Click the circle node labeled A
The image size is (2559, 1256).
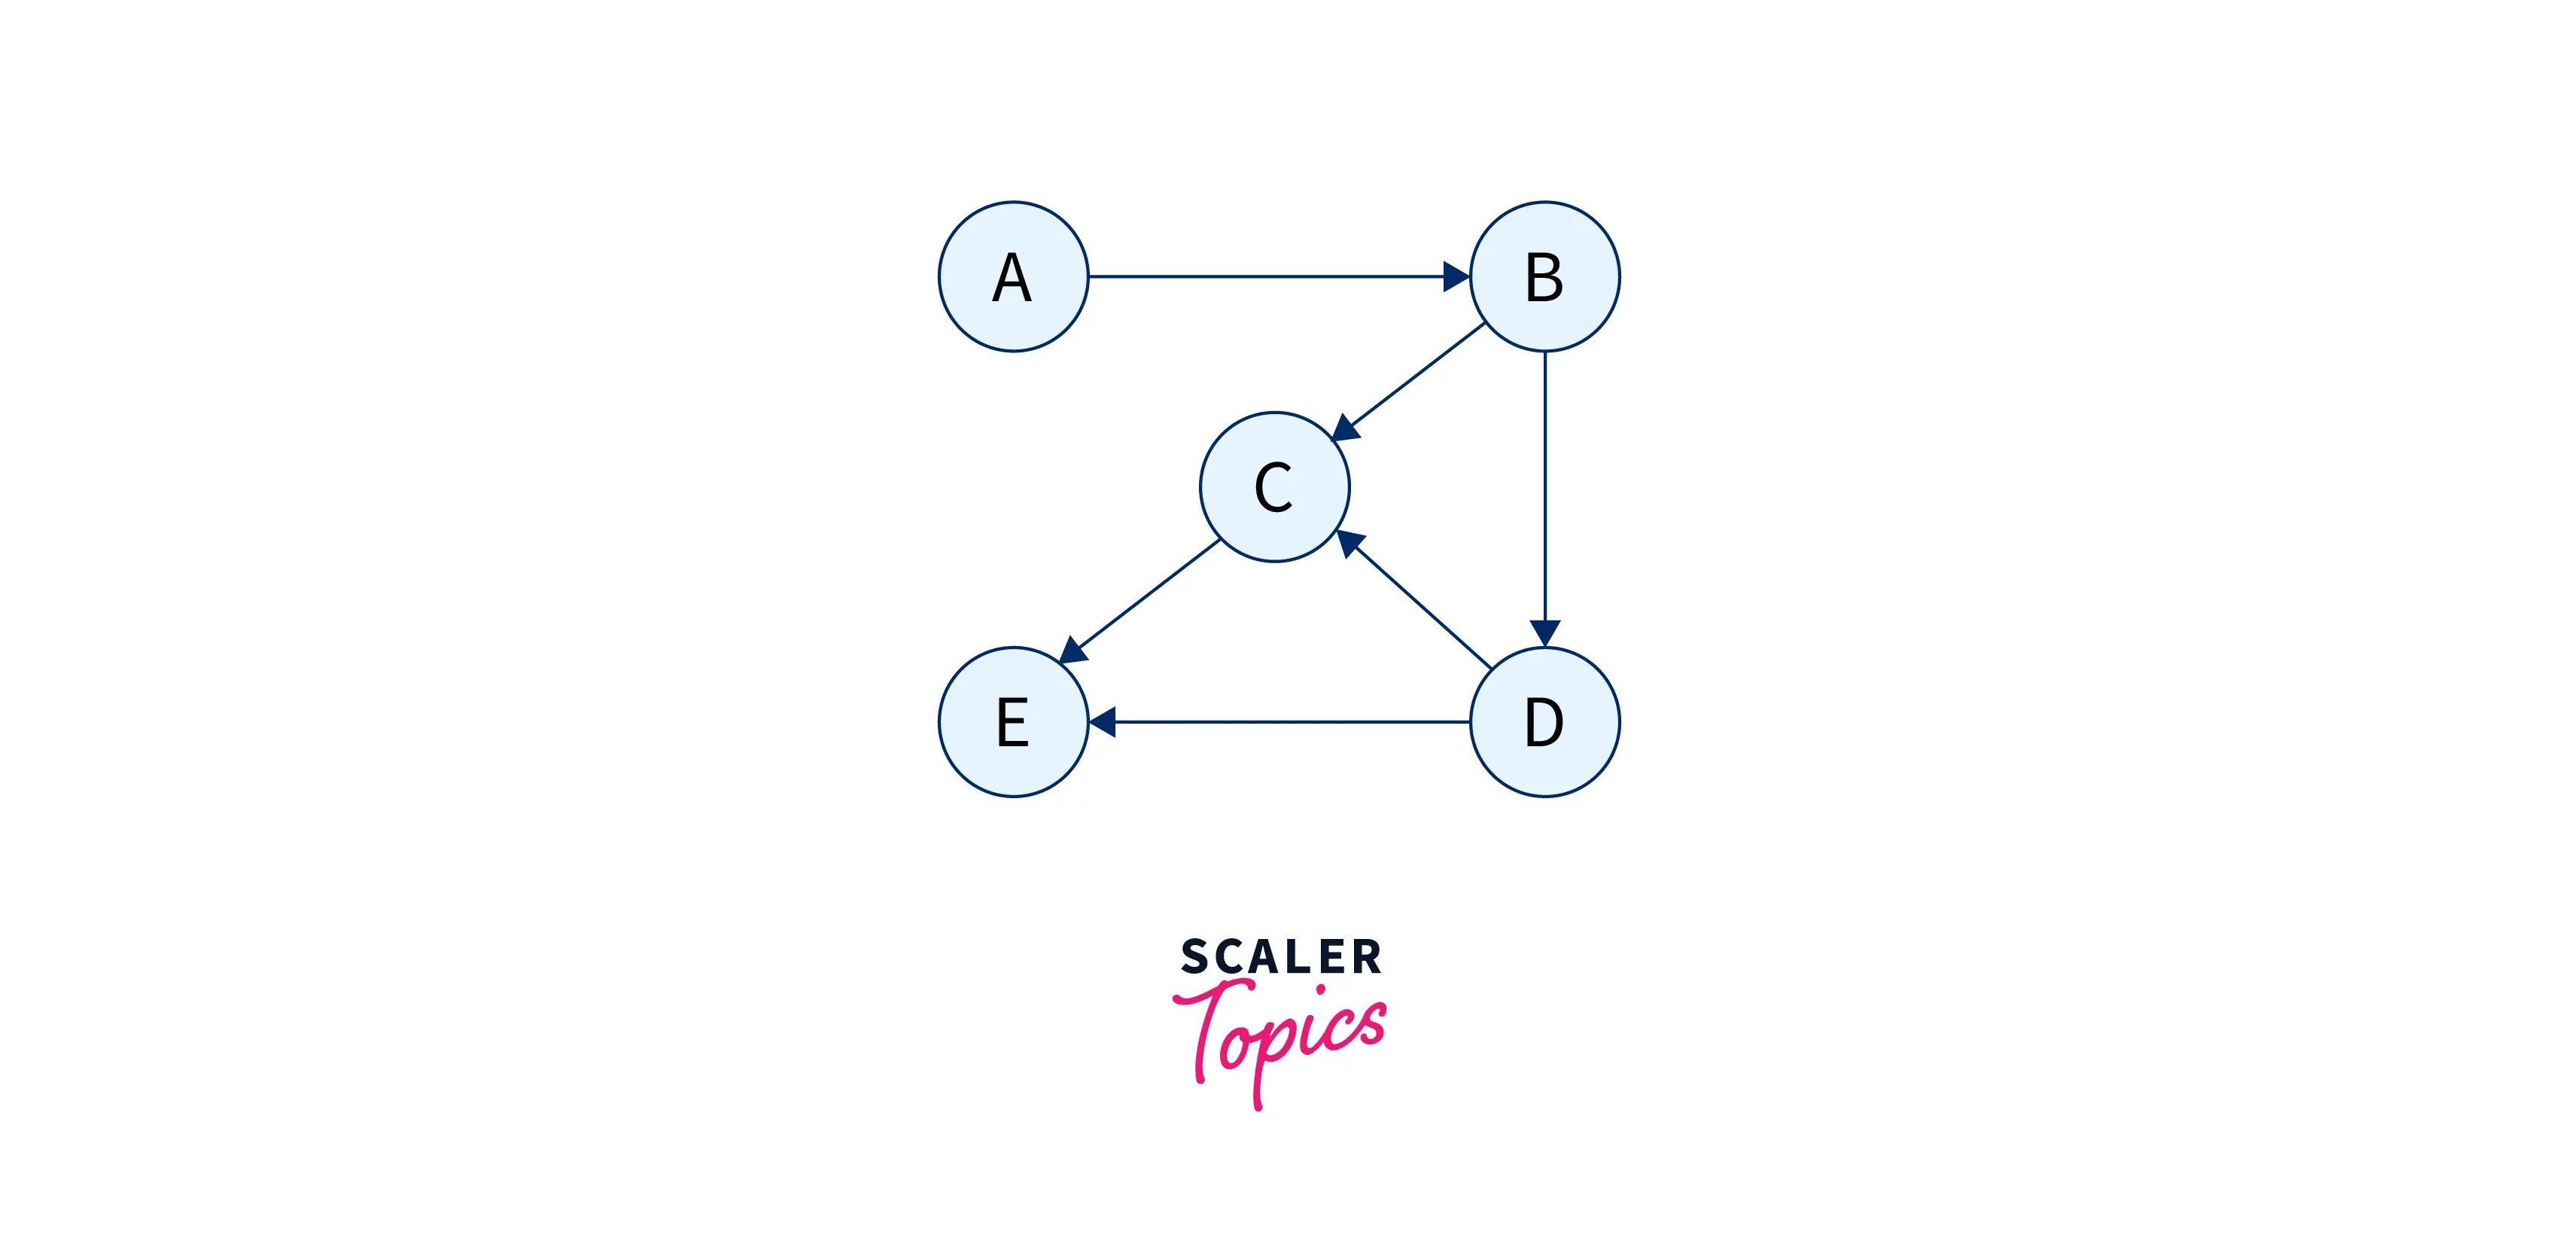click(x=1013, y=276)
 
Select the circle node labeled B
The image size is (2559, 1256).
click(x=1544, y=276)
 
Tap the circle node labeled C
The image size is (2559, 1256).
click(x=1274, y=487)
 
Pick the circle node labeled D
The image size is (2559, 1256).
click(x=1544, y=721)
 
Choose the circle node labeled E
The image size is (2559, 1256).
click(x=1013, y=721)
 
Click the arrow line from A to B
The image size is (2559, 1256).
click(x=1271, y=276)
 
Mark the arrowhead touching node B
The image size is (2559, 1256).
click(x=1456, y=276)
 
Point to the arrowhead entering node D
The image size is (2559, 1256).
click(x=1544, y=633)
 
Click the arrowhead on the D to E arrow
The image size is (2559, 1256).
click(x=1103, y=721)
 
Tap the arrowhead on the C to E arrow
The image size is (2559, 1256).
click(x=1073, y=651)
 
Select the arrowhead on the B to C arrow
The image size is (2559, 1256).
click(x=1345, y=428)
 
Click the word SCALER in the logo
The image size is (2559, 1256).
click(x=1280, y=957)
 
